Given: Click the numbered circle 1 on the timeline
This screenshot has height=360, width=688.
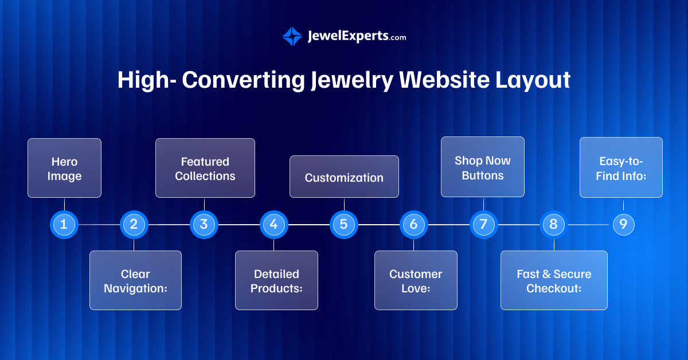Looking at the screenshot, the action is coord(64,225).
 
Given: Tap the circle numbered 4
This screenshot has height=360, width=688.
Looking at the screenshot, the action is coord(273,225).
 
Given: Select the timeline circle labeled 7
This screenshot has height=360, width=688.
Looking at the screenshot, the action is coord(483,225).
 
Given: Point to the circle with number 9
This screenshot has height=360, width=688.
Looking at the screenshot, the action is coord(623,225).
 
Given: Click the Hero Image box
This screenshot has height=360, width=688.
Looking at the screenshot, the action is coord(64,168).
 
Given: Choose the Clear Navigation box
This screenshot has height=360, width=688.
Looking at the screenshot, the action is coord(135,280).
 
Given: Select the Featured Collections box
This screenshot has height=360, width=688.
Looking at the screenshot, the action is coord(205,168).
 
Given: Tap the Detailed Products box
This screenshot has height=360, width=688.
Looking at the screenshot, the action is coord(276,280).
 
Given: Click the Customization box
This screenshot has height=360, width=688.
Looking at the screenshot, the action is coord(344,177).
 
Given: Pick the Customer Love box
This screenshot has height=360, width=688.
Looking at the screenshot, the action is coord(416,280).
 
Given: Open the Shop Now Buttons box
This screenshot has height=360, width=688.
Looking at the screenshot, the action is coord(483,167).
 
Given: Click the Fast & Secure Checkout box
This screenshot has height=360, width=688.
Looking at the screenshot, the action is coord(554,280).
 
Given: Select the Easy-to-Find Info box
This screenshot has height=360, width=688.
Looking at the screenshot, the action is coord(621,167).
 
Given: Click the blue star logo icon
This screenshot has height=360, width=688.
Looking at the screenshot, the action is coord(292,36).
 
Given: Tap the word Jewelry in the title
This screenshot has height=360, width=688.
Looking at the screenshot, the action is coord(351,80).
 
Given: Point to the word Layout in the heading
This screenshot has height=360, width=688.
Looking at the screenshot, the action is coord(533,80).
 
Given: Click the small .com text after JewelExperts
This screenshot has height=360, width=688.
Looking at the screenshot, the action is coord(398,38).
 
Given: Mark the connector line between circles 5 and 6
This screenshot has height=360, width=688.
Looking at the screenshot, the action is coord(379,225).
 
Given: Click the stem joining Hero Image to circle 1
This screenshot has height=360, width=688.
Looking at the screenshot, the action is coord(64,204).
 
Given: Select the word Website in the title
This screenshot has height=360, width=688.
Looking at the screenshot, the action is coord(444,80).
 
